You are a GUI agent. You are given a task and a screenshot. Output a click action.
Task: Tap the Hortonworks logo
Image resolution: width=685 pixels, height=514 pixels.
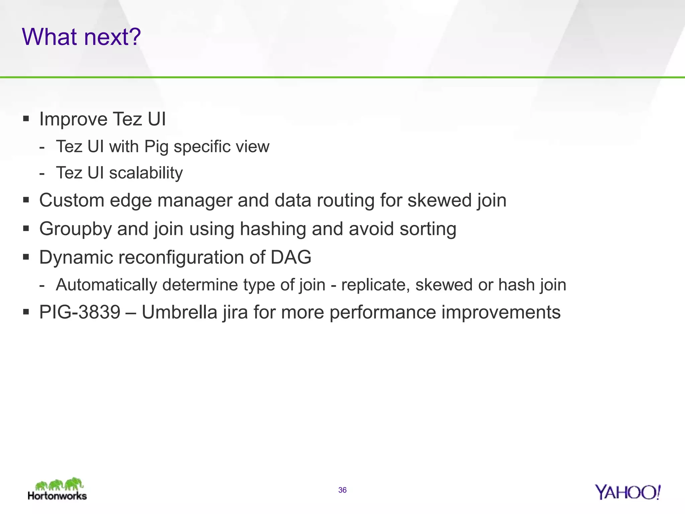click(58, 489)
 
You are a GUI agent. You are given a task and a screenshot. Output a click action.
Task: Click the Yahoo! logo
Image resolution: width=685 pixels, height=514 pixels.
click(627, 492)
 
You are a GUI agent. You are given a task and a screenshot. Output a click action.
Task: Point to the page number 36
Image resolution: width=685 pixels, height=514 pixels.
click(342, 490)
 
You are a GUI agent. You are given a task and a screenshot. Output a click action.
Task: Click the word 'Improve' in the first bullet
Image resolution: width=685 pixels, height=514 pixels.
click(74, 119)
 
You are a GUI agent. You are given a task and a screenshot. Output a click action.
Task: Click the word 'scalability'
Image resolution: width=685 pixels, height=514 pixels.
click(146, 173)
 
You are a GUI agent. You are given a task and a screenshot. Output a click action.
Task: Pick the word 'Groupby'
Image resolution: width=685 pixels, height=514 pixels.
click(75, 229)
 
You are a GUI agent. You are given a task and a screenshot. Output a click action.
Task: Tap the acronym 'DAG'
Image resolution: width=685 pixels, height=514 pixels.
click(291, 257)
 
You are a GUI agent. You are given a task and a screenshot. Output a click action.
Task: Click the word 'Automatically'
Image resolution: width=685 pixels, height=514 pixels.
click(106, 285)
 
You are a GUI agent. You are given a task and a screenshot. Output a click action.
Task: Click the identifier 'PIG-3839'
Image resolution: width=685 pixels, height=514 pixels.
click(80, 312)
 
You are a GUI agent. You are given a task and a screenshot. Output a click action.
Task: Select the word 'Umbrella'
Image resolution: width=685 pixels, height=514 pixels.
click(180, 312)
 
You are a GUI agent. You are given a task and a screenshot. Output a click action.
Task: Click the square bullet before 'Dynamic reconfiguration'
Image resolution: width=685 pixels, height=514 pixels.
click(26, 257)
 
